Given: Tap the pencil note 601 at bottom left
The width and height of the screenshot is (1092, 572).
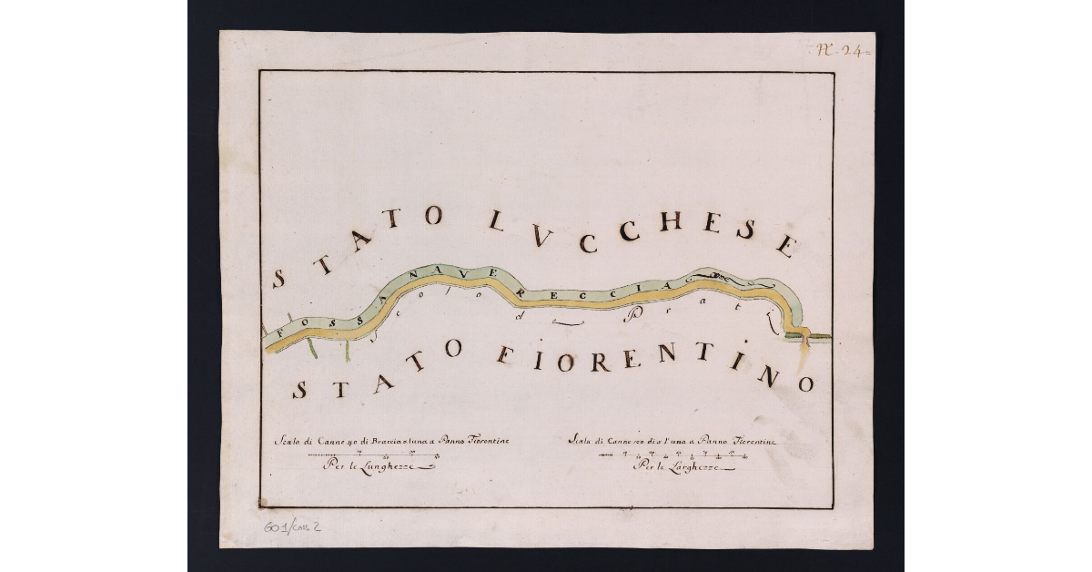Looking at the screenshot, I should coord(274,526).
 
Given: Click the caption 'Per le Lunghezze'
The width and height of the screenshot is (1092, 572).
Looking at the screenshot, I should coord(369,466).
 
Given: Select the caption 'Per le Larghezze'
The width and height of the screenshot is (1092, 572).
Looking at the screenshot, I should coord(676,467).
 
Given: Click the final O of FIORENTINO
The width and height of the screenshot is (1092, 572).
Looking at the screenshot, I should coord(804,384).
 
